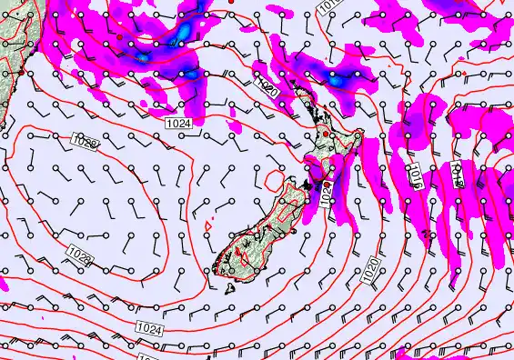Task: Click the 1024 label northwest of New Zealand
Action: coord(178,122)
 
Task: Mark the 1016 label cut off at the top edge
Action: coord(328,6)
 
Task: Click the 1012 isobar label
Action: coord(460,174)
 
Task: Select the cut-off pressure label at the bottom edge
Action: coord(146,356)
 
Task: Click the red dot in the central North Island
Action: coord(325,134)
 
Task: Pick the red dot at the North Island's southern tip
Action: coord(327,185)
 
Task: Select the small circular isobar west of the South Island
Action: coord(274,181)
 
